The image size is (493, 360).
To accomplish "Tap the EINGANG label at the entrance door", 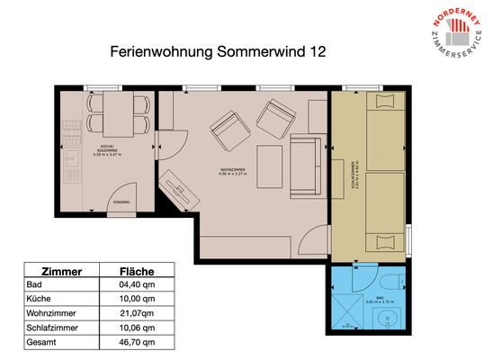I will pos(121,202).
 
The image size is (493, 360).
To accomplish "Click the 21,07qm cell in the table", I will pos(138,312).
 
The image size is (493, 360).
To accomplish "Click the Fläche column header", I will pos(138,270).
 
